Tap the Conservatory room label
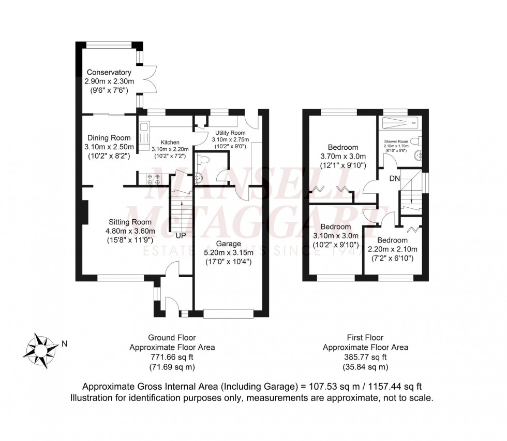click(x=109, y=72)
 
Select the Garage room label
click(x=225, y=243)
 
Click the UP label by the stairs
click(x=181, y=235)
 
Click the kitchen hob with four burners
click(x=154, y=179)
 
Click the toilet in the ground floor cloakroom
click(x=203, y=160)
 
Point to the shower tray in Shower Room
click(x=400, y=124)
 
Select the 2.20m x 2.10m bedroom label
click(x=392, y=249)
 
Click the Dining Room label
click(x=109, y=138)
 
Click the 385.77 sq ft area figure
click(x=365, y=357)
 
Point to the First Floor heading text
click(x=365, y=337)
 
